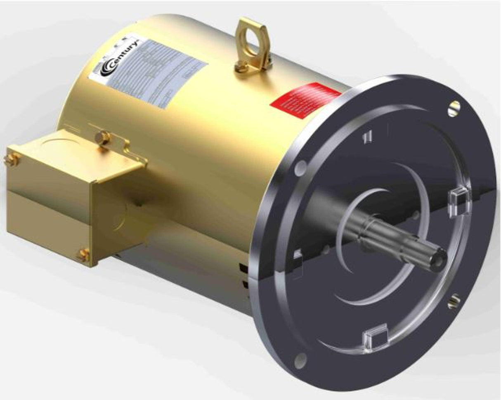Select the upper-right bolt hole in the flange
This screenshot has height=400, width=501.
[x=455, y=107]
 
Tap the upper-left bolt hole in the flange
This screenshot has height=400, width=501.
[x=302, y=167]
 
